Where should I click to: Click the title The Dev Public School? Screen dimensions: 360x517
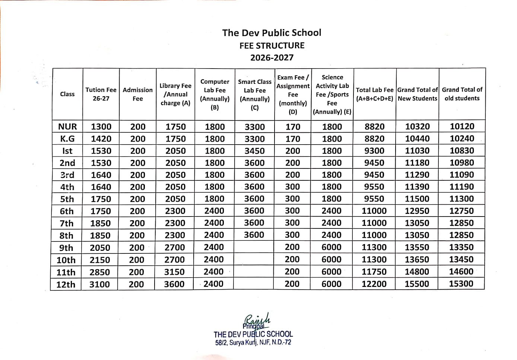pyautogui.click(x=272, y=33)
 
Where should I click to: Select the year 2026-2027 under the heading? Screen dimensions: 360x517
pyautogui.click(x=272, y=58)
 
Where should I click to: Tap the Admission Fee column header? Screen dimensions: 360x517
pyautogui.click(x=137, y=94)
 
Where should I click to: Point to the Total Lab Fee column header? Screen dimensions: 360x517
pyautogui.click(x=374, y=94)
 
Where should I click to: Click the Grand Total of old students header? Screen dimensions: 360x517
pyautogui.click(x=462, y=94)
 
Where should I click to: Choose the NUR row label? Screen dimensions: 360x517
pyautogui.click(x=67, y=127)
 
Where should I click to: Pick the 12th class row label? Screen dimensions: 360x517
pyautogui.click(x=66, y=284)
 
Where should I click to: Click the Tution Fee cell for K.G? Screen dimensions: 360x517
pyautogui.click(x=101, y=139)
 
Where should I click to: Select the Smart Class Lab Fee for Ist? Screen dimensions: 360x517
pyautogui.click(x=254, y=151)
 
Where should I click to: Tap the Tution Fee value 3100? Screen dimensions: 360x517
pyautogui.click(x=99, y=284)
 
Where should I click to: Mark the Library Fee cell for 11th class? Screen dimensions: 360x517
pyautogui.click(x=174, y=272)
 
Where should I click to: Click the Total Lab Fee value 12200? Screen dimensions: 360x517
pyautogui.click(x=374, y=284)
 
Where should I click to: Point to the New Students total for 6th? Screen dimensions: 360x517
pyautogui.click(x=417, y=211)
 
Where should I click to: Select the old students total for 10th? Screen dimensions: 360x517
pyautogui.click(x=461, y=259)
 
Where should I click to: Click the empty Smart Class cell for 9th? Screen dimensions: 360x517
pyautogui.click(x=254, y=247)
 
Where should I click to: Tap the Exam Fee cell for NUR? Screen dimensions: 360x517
pyautogui.click(x=293, y=127)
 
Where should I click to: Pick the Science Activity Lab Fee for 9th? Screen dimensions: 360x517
pyautogui.click(x=331, y=247)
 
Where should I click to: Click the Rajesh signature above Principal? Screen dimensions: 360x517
pyautogui.click(x=257, y=319)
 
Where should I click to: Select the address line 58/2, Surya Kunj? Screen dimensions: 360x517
pyautogui.click(x=253, y=342)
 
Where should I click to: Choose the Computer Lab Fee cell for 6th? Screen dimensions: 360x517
pyautogui.click(x=214, y=211)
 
